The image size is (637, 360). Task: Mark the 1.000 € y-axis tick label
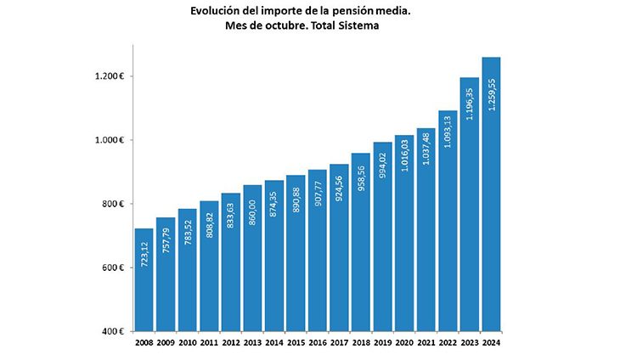pyautogui.click(x=110, y=140)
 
